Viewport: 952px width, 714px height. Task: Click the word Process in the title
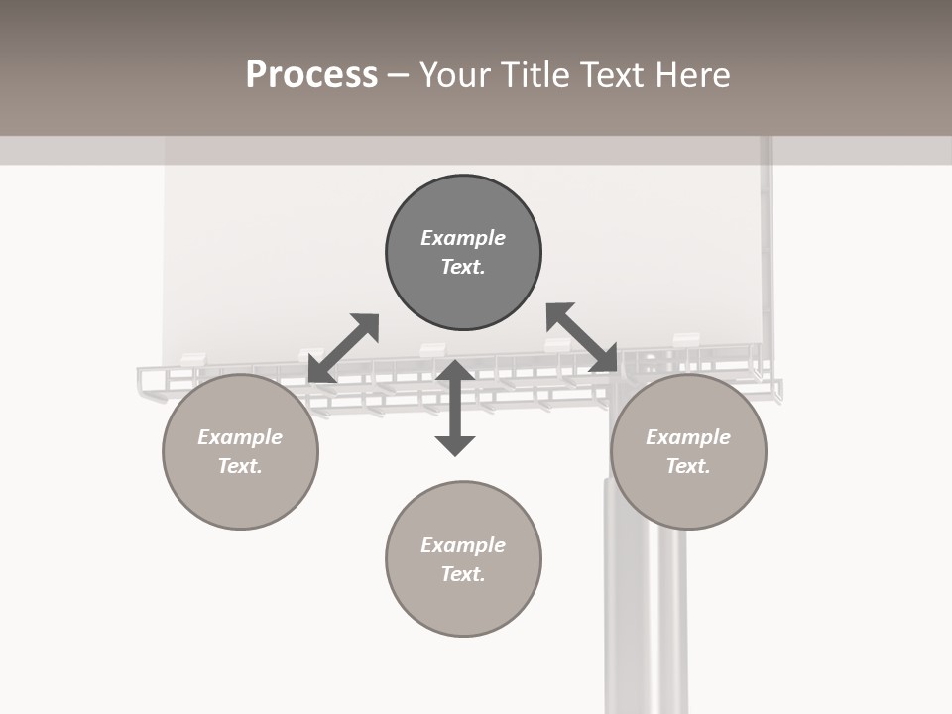pos(311,75)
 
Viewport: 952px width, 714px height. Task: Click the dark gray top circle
pos(463,288)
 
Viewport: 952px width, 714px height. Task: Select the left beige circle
pos(240,496)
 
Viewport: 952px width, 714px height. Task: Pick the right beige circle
pos(688,496)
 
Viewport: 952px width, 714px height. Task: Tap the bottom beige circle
pos(463,605)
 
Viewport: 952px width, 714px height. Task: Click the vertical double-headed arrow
pos(455,408)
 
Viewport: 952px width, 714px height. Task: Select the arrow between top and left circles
pos(343,348)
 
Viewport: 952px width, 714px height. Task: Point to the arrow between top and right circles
pos(582,337)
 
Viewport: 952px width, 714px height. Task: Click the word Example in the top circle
pos(463,238)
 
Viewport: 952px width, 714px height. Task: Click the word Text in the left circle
pos(240,466)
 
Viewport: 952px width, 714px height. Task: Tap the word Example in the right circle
pos(688,437)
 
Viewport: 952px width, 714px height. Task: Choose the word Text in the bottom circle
pos(463,574)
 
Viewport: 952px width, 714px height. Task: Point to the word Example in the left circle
pos(240,437)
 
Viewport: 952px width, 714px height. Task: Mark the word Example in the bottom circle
pos(463,545)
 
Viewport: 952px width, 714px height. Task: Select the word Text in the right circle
pos(688,466)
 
